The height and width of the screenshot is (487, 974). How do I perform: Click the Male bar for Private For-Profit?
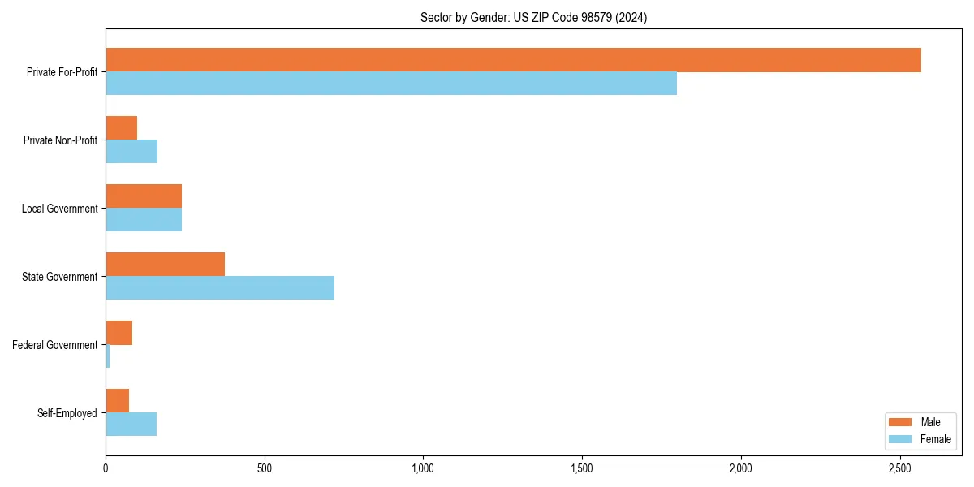(513, 60)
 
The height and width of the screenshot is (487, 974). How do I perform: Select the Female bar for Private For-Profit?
(391, 84)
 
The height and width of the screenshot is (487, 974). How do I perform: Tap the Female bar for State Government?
(220, 288)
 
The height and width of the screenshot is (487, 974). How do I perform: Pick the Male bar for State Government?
(165, 265)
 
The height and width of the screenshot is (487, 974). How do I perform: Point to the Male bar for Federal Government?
(119, 333)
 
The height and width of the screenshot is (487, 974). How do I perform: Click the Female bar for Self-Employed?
(131, 425)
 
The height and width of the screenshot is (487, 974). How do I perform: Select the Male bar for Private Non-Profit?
(121, 128)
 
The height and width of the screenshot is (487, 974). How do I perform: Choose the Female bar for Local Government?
(144, 220)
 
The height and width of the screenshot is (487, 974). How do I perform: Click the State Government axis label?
(59, 277)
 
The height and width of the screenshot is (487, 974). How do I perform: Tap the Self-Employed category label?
(67, 413)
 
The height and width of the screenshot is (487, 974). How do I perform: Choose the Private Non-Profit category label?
(60, 140)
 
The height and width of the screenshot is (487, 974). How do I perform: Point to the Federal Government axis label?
(55, 345)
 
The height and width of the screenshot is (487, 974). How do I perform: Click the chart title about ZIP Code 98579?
(533, 18)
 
